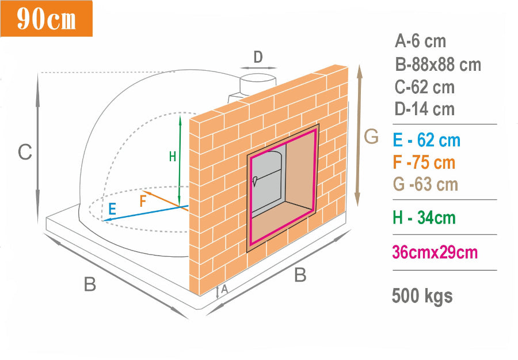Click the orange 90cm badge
(x=46, y=18)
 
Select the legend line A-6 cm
(x=420, y=41)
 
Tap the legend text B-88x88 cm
(x=438, y=65)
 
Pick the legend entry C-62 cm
(x=425, y=87)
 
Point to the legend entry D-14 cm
(x=425, y=109)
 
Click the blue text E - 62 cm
(x=426, y=140)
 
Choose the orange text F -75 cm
(x=424, y=162)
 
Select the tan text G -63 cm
(x=425, y=184)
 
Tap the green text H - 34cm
(x=424, y=218)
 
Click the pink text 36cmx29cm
(x=435, y=252)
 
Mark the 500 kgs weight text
(x=422, y=296)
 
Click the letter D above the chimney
(x=258, y=57)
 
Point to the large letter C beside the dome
(x=25, y=153)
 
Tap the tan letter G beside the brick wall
(x=371, y=137)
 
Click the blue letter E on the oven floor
(x=112, y=209)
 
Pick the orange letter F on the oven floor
(x=143, y=201)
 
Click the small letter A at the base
(x=224, y=289)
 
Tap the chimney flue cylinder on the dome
(x=257, y=85)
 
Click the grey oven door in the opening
(x=267, y=181)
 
